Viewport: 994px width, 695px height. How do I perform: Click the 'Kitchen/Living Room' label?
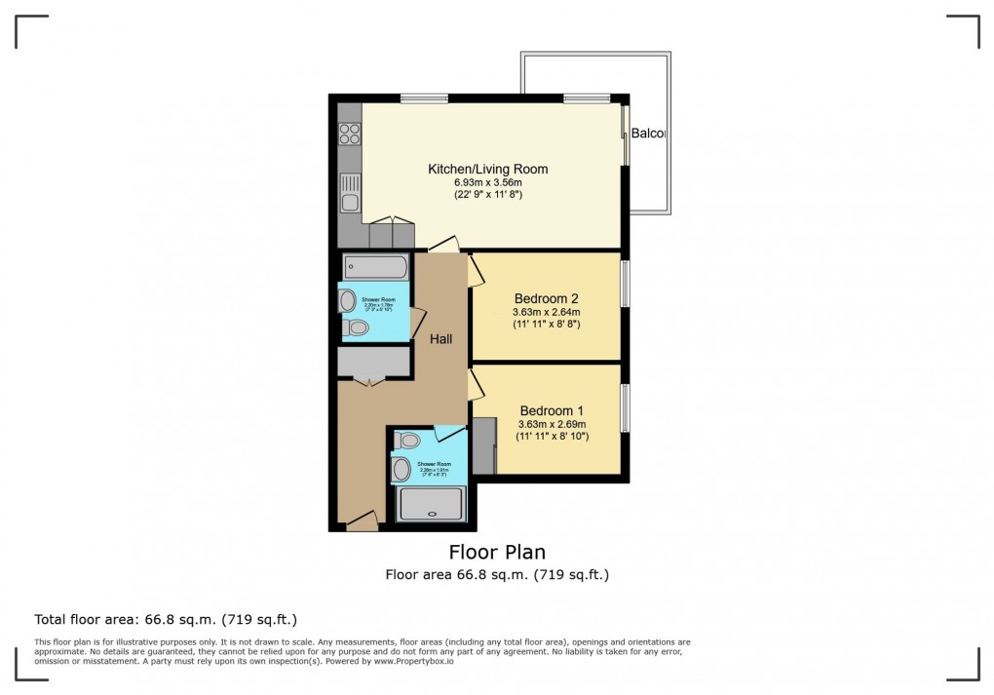pyautogui.click(x=487, y=169)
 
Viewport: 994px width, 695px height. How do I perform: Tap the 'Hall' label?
pyautogui.click(x=441, y=338)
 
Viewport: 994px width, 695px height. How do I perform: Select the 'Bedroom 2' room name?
pyautogui.click(x=547, y=298)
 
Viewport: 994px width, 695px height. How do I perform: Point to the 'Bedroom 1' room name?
pyautogui.click(x=552, y=410)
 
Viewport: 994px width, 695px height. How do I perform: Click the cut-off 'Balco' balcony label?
pyautogui.click(x=647, y=134)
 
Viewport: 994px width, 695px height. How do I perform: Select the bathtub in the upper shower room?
pyautogui.click(x=375, y=266)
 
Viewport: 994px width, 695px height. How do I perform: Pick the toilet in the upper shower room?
pyautogui.click(x=357, y=328)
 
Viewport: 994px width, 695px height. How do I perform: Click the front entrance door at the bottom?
pyautogui.click(x=363, y=523)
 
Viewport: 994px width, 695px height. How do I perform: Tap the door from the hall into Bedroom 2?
pyautogui.click(x=476, y=271)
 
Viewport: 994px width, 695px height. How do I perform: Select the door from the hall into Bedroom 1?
pyautogui.click(x=476, y=384)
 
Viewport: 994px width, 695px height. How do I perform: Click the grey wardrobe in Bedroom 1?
pyautogui.click(x=484, y=445)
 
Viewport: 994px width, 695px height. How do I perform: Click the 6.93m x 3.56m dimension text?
pyautogui.click(x=487, y=182)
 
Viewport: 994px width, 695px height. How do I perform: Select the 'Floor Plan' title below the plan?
pyautogui.click(x=497, y=553)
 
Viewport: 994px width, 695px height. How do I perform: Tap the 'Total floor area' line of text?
pyautogui.click(x=166, y=619)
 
